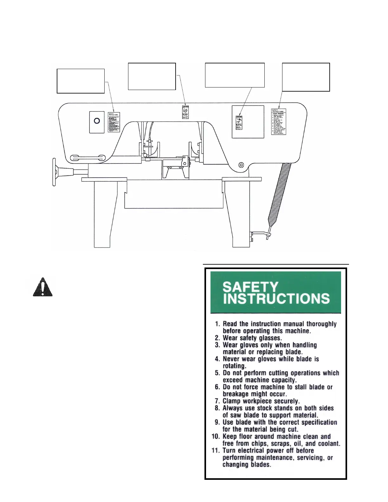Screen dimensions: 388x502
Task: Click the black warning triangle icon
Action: coord(42,287)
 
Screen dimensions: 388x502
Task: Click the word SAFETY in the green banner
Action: coord(250,287)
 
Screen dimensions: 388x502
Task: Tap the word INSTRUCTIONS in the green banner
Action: coord(276,299)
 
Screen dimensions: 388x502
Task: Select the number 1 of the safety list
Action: coord(217,324)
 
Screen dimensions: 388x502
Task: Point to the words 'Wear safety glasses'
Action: coord(252,338)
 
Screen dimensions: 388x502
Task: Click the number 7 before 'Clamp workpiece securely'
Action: coord(217,401)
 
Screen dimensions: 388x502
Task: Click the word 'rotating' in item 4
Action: coord(234,366)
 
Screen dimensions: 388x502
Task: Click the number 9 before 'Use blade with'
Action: coord(217,422)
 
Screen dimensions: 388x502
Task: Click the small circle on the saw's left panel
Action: coord(97,121)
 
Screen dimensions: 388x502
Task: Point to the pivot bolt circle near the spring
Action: coord(241,165)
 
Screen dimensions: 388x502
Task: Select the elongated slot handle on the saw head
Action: coord(88,158)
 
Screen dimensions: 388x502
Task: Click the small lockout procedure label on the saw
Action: coord(279,122)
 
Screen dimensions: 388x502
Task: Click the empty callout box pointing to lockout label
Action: coord(306,77)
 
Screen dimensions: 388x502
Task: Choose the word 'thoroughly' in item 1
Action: coord(321,324)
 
